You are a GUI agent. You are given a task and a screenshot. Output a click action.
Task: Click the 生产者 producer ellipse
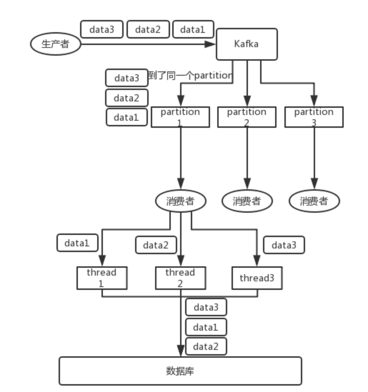point(55,44)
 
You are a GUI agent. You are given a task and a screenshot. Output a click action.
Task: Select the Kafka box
point(247,44)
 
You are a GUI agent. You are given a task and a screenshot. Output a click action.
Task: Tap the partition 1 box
point(180,117)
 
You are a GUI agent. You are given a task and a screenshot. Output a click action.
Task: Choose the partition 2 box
point(247,117)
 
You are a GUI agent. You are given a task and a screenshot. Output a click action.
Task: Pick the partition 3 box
point(314,117)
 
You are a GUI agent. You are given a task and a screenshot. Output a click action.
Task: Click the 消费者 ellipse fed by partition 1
point(180,201)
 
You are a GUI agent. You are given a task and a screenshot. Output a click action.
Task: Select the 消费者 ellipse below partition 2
point(247,201)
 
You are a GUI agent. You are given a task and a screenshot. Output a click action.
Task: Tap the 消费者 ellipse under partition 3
point(314,201)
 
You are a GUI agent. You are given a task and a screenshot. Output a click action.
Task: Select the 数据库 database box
point(180,371)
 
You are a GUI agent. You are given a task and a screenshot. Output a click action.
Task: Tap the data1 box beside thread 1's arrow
point(77,243)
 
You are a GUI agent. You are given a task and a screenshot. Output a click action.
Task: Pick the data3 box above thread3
point(284,245)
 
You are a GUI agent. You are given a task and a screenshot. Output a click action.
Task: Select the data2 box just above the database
point(206,346)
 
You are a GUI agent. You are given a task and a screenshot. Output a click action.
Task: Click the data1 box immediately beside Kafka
point(193,30)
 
